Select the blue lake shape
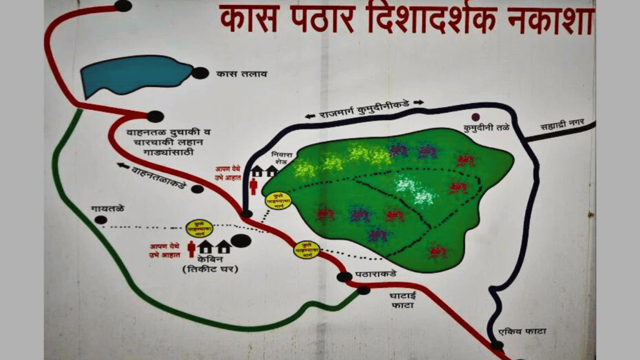tap(134, 74)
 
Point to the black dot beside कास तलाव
tap(200, 72)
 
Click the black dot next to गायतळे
tap(101, 219)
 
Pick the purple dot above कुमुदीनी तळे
tap(476, 116)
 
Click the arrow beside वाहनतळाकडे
tap(121, 166)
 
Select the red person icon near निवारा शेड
tap(253, 185)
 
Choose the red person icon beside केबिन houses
tap(191, 249)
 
